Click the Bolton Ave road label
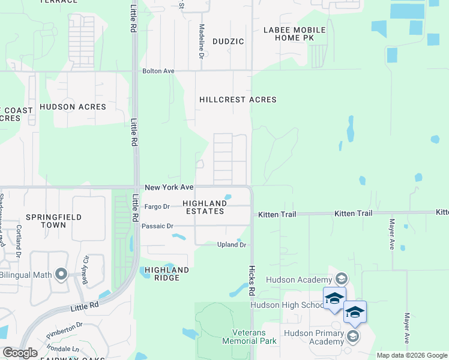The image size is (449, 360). [158, 71]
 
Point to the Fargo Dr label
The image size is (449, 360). [157, 206]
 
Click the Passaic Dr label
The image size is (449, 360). [157, 226]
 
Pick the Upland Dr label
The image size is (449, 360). [232, 245]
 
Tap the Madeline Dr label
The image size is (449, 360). [202, 41]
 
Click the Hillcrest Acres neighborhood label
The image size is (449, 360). [238, 100]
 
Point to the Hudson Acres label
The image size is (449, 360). [73, 107]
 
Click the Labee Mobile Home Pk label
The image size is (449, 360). [294, 34]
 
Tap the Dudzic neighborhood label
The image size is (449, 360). [228, 41]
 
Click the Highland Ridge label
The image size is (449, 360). [167, 274]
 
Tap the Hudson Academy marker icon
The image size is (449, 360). [342, 278]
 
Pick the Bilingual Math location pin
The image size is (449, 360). [61, 275]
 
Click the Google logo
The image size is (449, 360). [20, 353]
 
